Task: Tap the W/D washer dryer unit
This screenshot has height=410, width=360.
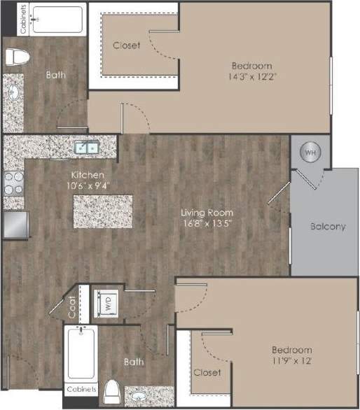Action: click(108, 304)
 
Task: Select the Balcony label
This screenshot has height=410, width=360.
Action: click(328, 226)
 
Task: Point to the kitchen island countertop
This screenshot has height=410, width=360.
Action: click(102, 211)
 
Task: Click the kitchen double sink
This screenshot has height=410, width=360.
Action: click(88, 147)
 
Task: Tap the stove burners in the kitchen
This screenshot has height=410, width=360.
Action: click(13, 183)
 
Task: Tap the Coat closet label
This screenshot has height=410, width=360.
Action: click(73, 304)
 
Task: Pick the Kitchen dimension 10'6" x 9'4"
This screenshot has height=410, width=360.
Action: click(88, 185)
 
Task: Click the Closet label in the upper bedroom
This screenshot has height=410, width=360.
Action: click(127, 45)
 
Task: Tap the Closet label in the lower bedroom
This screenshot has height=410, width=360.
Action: click(207, 373)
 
